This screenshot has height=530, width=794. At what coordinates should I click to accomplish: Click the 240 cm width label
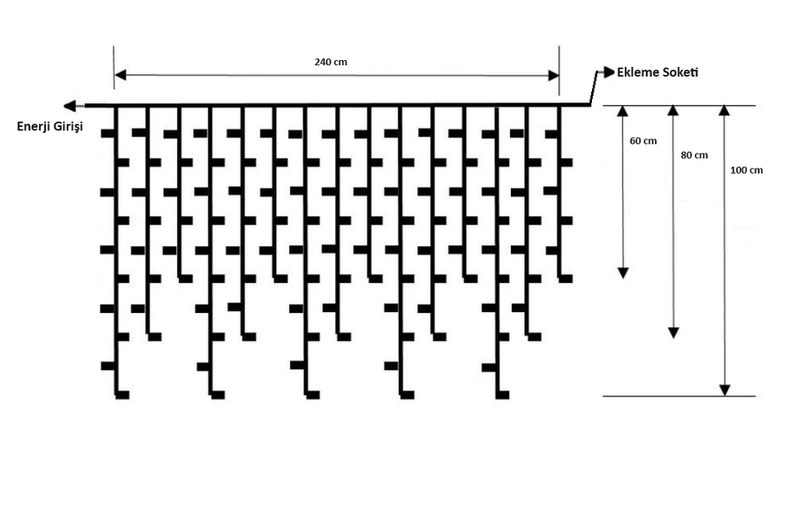330,63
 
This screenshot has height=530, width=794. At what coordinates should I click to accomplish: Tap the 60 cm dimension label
643,141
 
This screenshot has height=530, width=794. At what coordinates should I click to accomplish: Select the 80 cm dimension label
694,155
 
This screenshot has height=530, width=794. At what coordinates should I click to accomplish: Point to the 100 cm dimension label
746,170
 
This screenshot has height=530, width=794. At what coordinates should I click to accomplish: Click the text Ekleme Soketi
657,71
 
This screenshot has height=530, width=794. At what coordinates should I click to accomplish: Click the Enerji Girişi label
49,127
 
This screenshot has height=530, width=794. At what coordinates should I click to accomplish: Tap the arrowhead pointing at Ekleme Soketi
609,71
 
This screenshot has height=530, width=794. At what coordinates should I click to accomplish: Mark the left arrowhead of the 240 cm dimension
120,75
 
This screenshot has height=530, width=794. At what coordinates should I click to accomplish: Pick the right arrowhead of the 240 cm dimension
553,75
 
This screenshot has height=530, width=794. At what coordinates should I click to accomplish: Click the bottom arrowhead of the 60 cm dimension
622,272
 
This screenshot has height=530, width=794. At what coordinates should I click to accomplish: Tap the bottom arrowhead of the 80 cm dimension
673,332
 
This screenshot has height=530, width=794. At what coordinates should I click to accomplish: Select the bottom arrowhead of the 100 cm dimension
725,389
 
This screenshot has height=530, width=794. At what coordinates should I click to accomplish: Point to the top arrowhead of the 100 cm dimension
725,112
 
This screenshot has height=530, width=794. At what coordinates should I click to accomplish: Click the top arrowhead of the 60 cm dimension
622,112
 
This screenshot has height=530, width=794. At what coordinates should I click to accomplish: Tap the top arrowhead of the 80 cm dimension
673,112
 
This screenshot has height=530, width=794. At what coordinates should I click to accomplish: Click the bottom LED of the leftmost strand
123,394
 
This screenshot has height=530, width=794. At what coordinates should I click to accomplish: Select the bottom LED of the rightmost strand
566,279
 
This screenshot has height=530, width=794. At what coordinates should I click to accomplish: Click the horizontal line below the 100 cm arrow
679,396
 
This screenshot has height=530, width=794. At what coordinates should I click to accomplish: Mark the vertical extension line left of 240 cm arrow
114,66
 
